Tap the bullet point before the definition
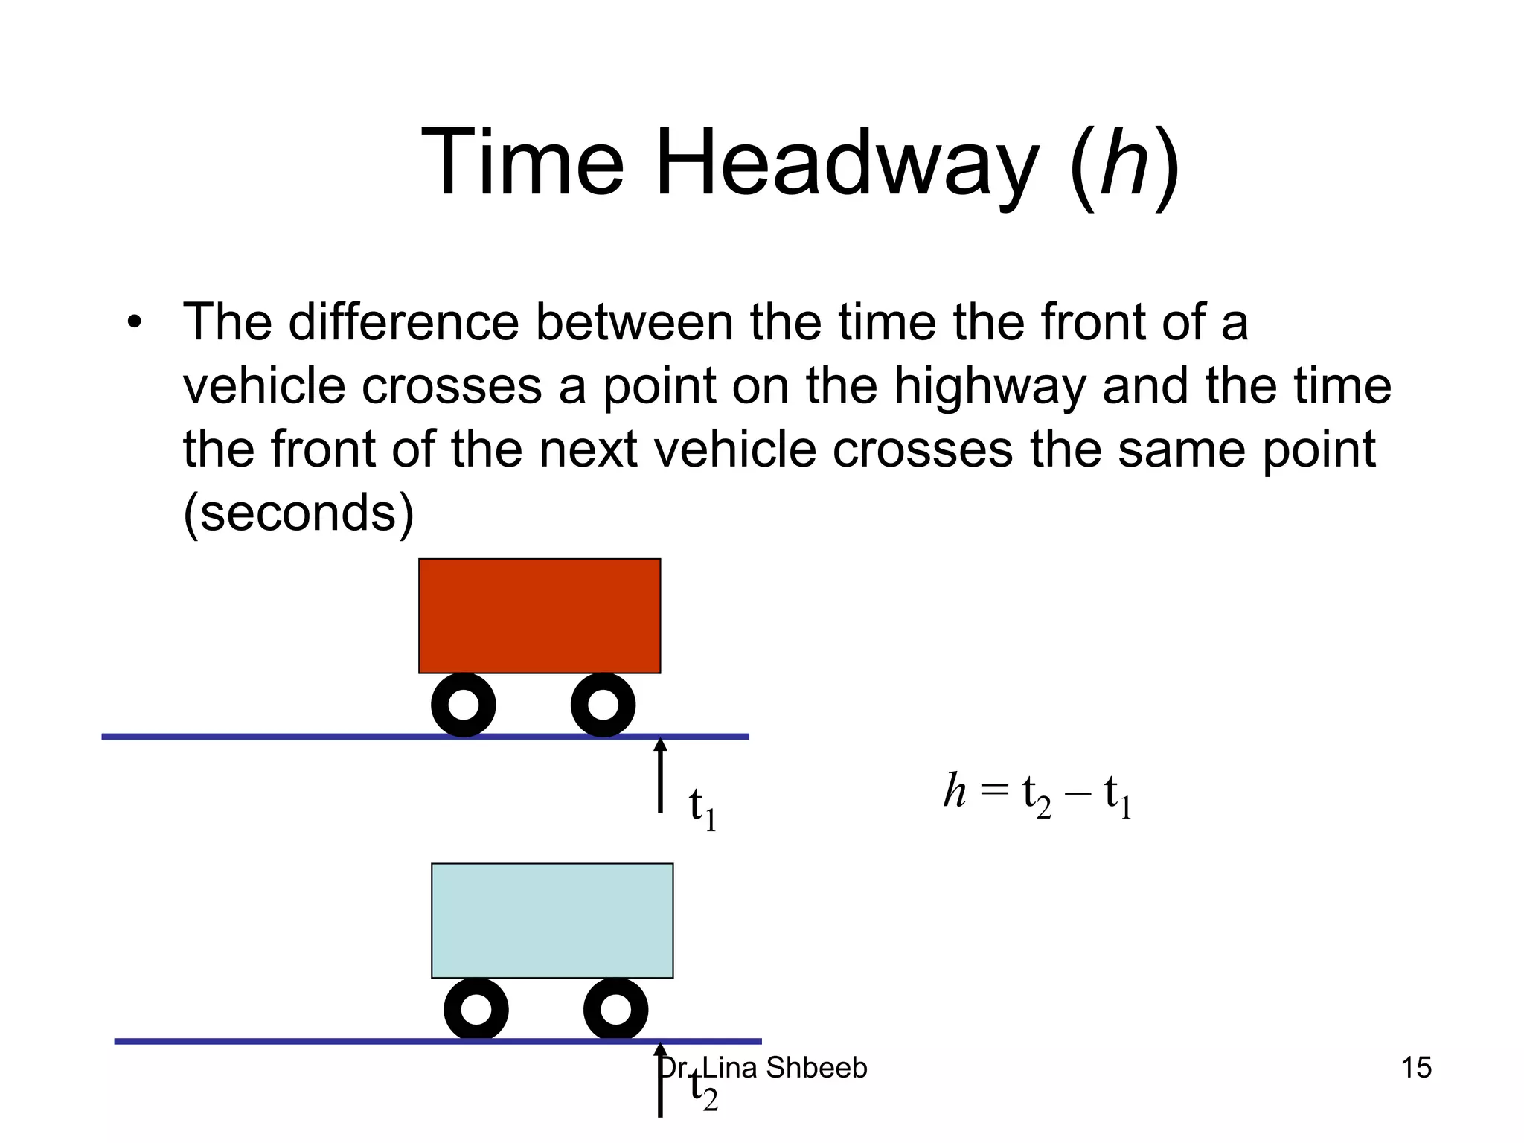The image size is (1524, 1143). (x=134, y=324)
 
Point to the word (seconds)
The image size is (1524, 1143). (x=298, y=513)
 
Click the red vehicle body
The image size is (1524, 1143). (x=540, y=615)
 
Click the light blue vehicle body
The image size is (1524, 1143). (x=552, y=921)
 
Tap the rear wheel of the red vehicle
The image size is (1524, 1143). (x=464, y=705)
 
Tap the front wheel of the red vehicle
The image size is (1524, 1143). (x=603, y=705)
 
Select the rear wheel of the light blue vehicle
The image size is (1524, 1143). (x=476, y=1009)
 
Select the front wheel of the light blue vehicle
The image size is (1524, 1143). (x=615, y=1009)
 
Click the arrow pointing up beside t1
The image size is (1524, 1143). (x=660, y=774)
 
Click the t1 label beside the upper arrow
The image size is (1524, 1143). (x=702, y=808)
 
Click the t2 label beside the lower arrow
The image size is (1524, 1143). (x=703, y=1089)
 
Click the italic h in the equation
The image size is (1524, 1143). (x=955, y=790)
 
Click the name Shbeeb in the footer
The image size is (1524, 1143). (x=816, y=1068)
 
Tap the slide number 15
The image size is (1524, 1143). (x=1416, y=1068)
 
